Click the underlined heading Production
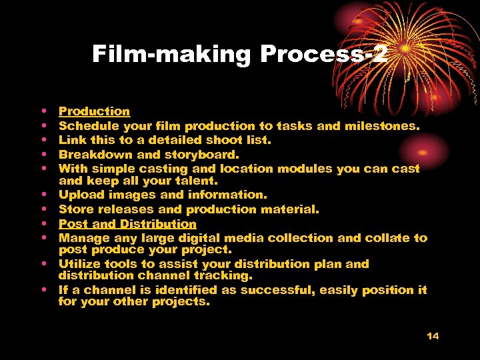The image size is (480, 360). [94, 111]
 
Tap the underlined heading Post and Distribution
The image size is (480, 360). [127, 224]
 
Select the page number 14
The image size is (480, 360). [433, 335]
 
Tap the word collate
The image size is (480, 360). [388, 237]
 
